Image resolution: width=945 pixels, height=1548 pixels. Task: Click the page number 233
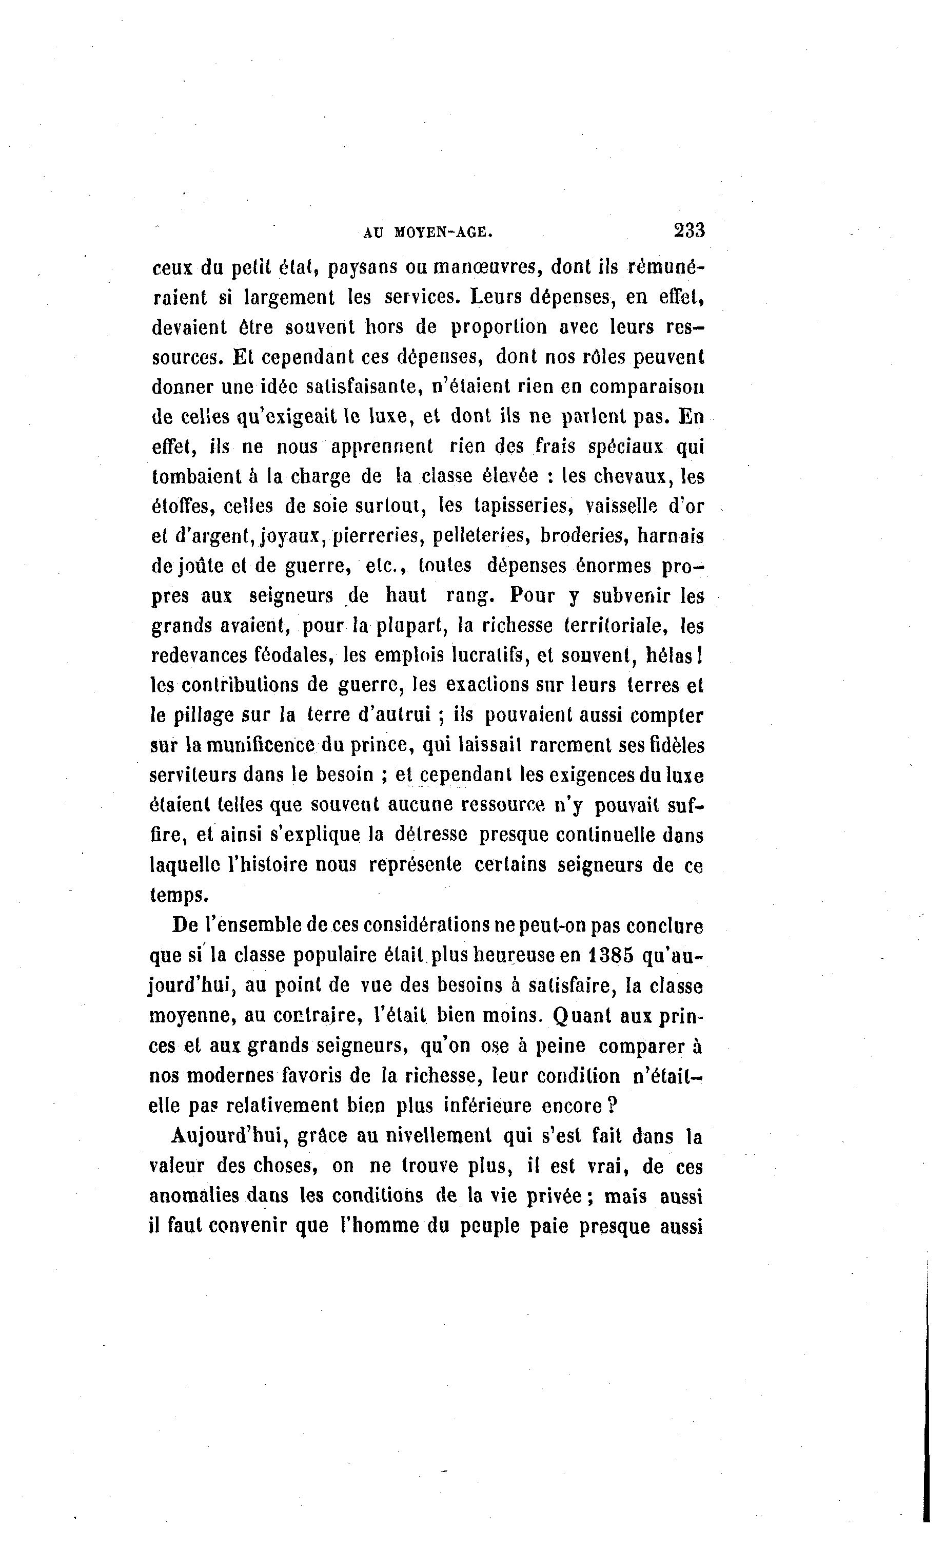(x=689, y=230)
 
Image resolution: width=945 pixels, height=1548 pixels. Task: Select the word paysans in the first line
(x=363, y=267)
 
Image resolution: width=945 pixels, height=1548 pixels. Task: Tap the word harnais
(x=670, y=535)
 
